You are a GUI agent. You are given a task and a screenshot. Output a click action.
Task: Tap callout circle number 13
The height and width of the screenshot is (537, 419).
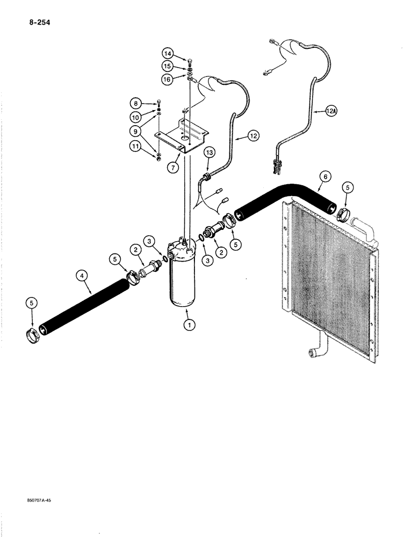[x=210, y=154]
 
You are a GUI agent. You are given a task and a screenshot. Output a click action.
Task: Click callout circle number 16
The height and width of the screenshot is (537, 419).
[x=169, y=78]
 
